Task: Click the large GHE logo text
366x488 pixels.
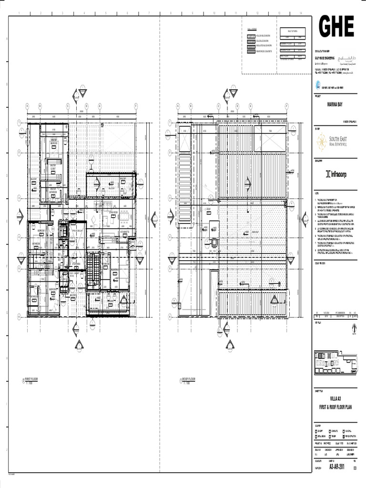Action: click(x=336, y=27)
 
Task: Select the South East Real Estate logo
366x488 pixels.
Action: click(x=332, y=142)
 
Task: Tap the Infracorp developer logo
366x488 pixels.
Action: click(x=336, y=174)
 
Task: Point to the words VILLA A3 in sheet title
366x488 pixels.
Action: click(x=336, y=398)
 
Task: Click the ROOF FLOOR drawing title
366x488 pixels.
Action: click(x=188, y=379)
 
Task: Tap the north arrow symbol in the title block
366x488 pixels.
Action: click(x=353, y=328)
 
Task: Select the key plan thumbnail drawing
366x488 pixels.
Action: click(x=336, y=361)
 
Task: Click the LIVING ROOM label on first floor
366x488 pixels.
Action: click(x=113, y=213)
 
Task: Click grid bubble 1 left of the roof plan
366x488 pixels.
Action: click(x=168, y=122)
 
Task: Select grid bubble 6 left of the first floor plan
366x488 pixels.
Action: click(x=20, y=315)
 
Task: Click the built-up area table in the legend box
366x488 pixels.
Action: click(x=292, y=45)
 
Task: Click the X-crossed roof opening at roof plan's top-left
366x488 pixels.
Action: click(x=184, y=139)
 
